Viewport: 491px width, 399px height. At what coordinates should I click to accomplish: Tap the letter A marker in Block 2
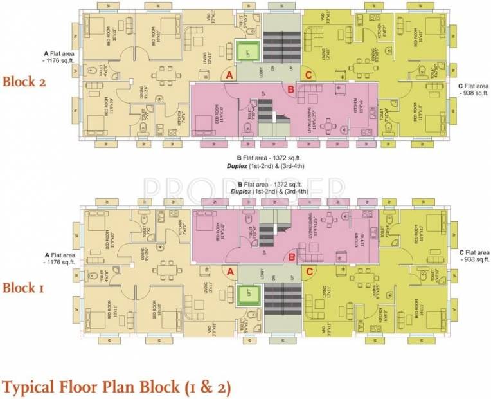[228, 76]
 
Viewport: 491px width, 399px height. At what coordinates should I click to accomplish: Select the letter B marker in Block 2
[290, 89]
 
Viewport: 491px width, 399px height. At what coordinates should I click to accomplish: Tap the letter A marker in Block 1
[228, 272]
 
